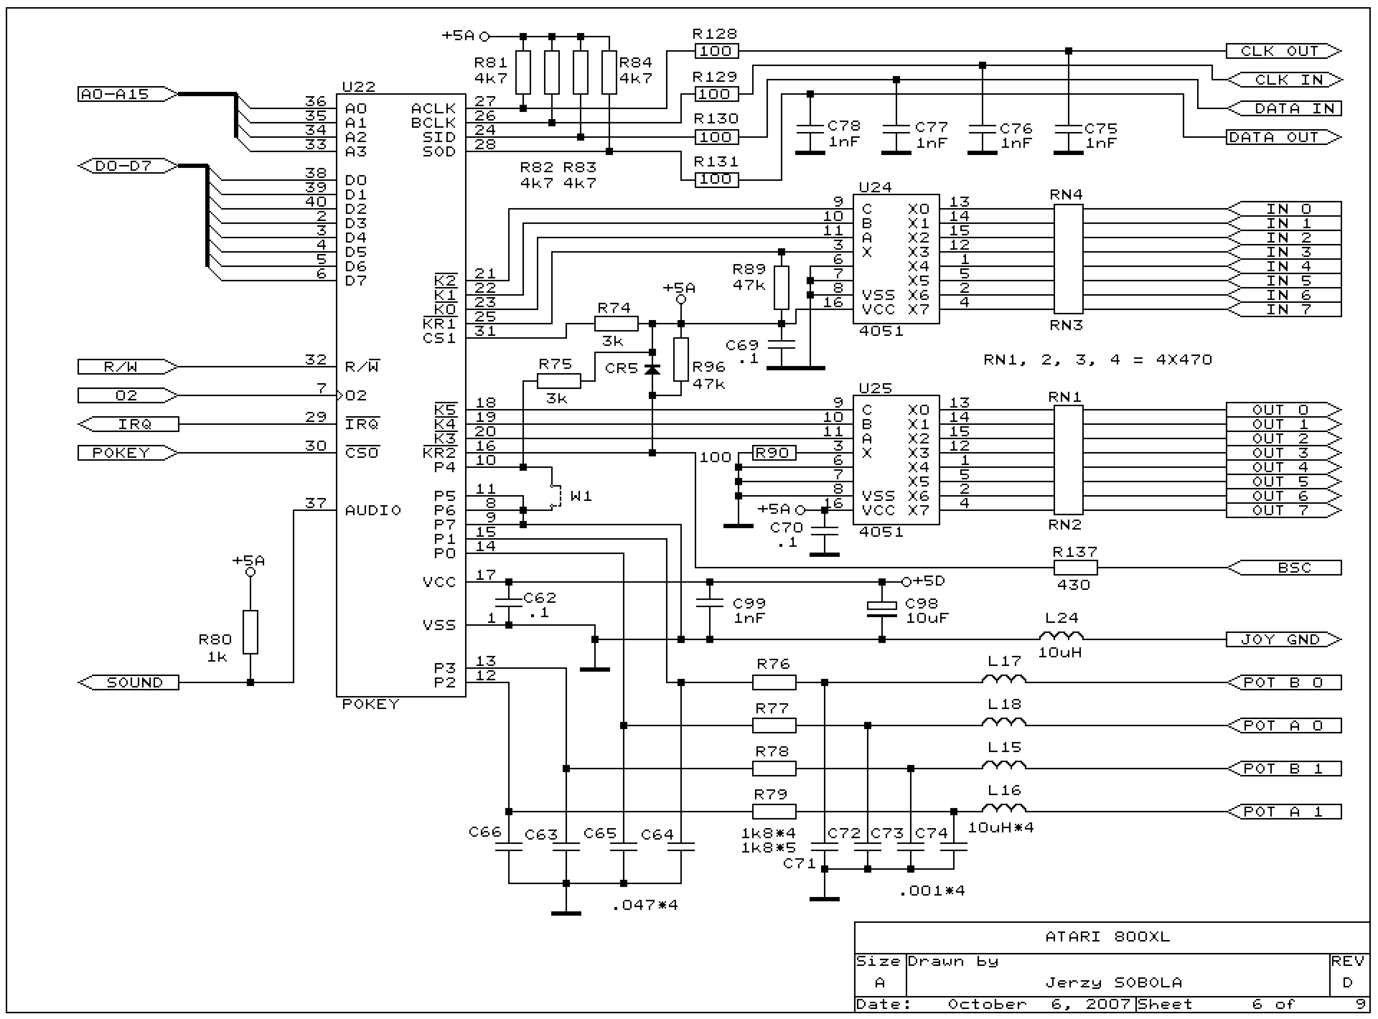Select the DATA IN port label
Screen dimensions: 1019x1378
click(1284, 109)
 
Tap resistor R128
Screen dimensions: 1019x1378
click(716, 51)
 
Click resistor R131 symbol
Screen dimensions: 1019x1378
click(716, 179)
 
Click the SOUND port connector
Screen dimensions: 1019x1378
click(128, 683)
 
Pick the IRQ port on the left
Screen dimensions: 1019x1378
click(128, 424)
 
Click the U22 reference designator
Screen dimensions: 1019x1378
click(358, 87)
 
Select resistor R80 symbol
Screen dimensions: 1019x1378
click(250, 632)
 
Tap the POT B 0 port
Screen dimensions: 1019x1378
click(1284, 683)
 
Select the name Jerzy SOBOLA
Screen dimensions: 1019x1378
click(1114, 983)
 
